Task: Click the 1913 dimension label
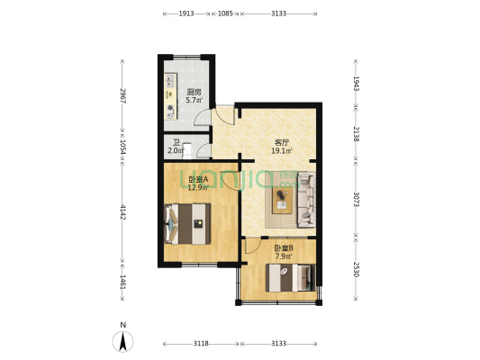point(186,13)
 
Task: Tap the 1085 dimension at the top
point(225,13)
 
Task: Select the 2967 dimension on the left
point(122,95)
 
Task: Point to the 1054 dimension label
point(122,147)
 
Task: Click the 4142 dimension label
point(122,212)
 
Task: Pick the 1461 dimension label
point(122,282)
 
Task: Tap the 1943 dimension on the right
point(356,84)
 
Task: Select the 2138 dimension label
point(356,134)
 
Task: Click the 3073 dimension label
point(356,199)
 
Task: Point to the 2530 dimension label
point(356,269)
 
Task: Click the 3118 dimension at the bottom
point(201,344)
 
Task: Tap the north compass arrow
point(122,342)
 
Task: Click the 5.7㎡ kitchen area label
point(194,100)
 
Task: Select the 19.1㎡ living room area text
point(282,150)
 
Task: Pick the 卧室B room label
point(284,248)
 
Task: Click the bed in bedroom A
point(187,224)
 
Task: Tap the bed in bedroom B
point(290,278)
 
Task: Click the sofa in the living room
point(307,200)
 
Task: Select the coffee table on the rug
point(282,200)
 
